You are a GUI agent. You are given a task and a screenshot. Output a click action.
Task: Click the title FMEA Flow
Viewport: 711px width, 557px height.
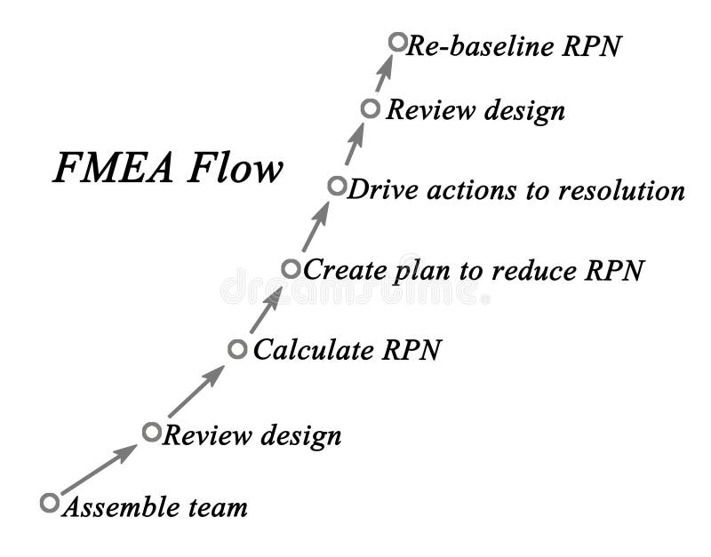[x=168, y=169]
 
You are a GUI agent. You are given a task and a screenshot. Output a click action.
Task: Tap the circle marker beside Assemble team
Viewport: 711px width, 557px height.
[x=50, y=503]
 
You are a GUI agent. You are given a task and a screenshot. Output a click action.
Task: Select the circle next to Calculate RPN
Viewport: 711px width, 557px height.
[x=236, y=349]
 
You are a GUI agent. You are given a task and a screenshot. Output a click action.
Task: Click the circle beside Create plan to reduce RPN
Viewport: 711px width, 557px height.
[x=291, y=268]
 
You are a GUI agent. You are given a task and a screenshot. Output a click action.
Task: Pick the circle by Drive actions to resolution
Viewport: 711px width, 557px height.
[x=336, y=187]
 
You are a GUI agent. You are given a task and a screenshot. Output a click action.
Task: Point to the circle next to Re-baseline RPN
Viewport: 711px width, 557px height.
[x=397, y=42]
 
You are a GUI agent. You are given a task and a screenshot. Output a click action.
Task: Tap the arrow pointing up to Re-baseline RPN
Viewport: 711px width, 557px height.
[x=384, y=75]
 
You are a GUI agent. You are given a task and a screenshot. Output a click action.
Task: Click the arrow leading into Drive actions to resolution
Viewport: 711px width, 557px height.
[x=315, y=227]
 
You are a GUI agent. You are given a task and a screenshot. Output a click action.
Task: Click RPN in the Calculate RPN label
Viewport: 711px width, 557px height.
[x=411, y=350]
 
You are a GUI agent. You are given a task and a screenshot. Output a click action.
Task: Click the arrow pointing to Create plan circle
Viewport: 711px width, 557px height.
[x=266, y=309]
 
